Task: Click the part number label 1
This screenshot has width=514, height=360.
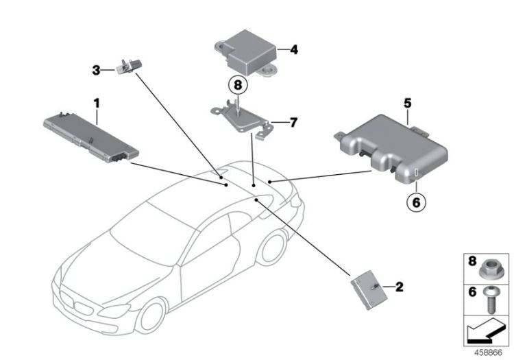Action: click(x=97, y=103)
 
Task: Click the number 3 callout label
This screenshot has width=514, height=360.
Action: click(x=97, y=69)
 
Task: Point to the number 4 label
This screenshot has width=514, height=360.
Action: click(x=293, y=49)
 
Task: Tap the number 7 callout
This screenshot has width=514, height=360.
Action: click(x=293, y=123)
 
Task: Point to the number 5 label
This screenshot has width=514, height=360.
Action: click(x=407, y=104)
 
